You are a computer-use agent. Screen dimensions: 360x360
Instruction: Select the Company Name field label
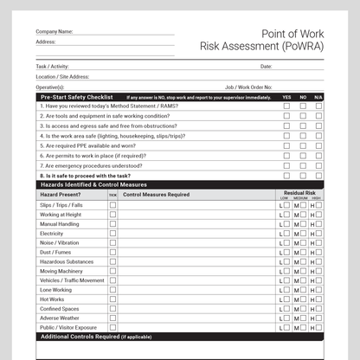click(x=54, y=31)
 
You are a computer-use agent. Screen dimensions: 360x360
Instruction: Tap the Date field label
click(x=266, y=66)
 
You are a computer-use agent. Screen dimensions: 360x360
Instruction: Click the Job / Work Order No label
click(x=248, y=87)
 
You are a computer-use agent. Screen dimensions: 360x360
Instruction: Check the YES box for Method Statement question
click(x=286, y=106)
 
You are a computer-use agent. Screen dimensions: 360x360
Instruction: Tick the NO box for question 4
click(x=303, y=136)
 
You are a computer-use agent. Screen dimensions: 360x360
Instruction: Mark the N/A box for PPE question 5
click(x=318, y=146)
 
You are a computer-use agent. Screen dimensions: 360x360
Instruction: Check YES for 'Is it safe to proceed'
click(x=286, y=176)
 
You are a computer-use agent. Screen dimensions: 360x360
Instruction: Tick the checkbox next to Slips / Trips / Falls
click(x=112, y=205)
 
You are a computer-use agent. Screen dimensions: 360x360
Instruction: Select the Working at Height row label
click(x=61, y=215)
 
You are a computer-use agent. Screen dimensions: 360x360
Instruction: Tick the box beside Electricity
click(x=112, y=234)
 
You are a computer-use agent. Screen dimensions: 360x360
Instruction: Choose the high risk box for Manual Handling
click(x=318, y=224)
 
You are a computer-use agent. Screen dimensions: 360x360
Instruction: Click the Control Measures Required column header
click(x=156, y=195)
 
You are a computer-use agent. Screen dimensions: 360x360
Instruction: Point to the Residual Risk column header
click(x=299, y=192)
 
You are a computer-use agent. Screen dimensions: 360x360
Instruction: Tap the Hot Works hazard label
click(x=55, y=299)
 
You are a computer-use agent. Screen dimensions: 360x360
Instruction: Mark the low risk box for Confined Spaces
click(x=286, y=308)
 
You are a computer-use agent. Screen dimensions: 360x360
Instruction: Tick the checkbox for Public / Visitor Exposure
click(x=112, y=327)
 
